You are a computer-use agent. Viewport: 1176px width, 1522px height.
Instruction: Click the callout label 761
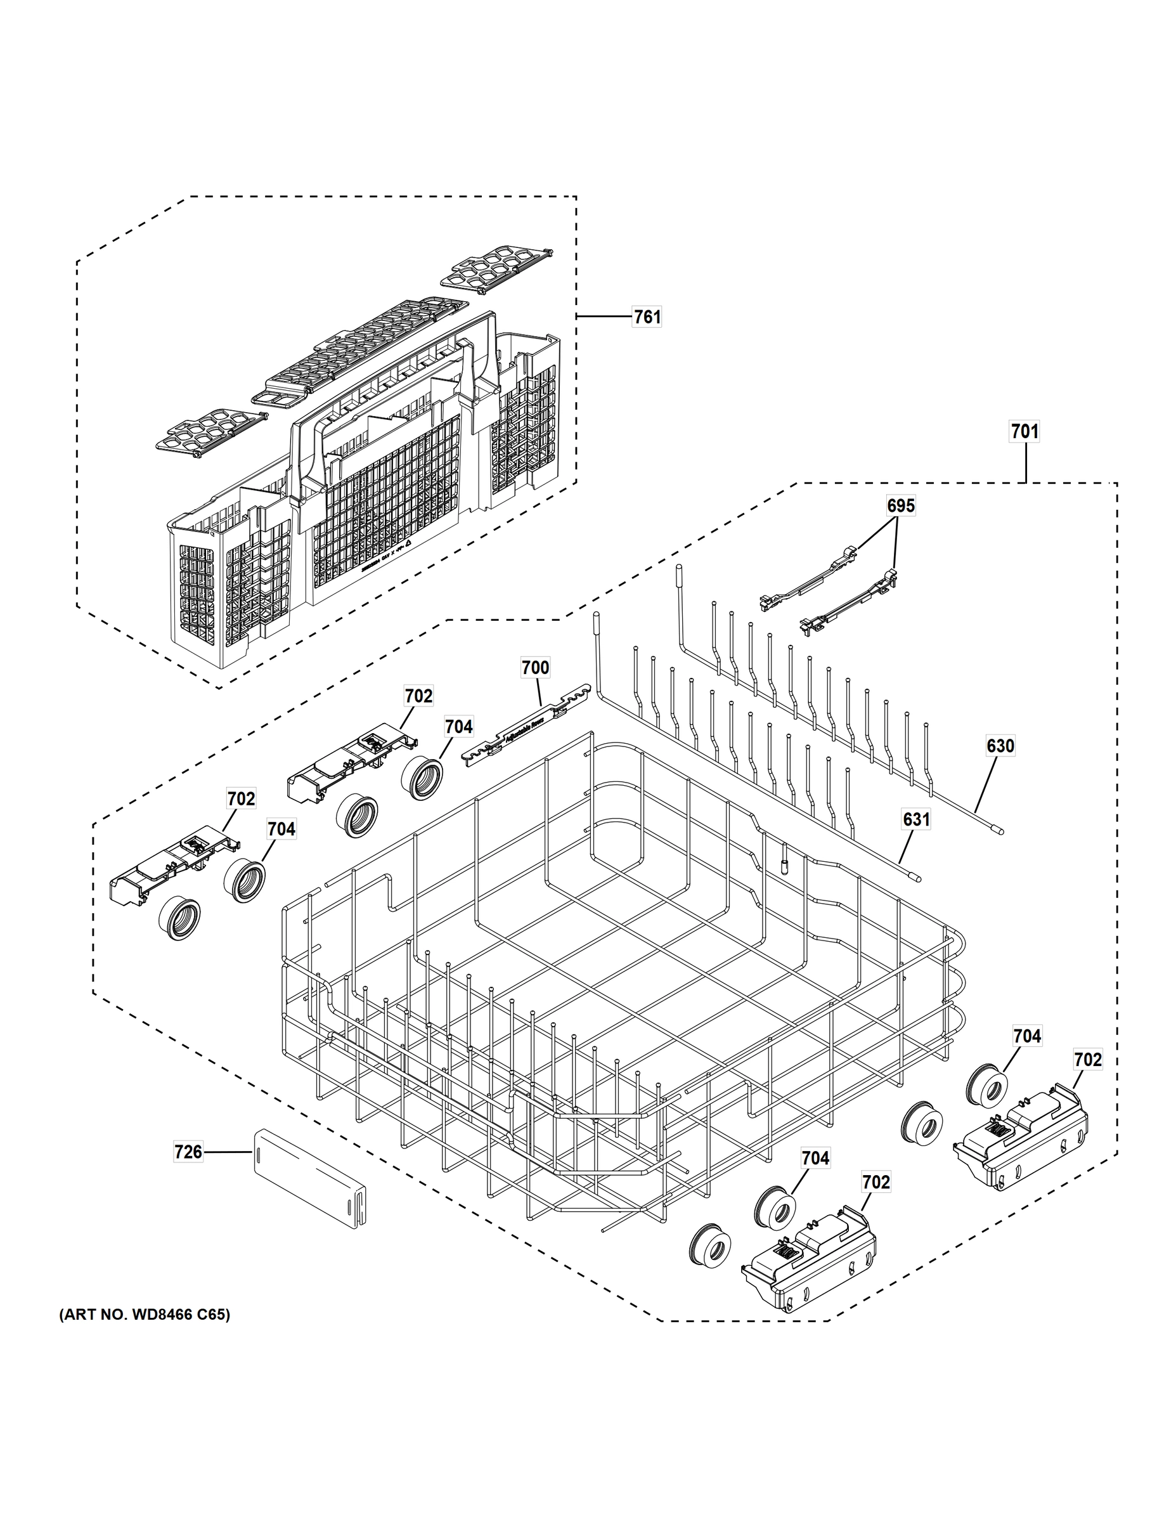coord(647,317)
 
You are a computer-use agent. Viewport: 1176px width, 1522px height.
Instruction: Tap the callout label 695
coord(900,505)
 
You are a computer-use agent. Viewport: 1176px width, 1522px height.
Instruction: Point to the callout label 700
coord(535,668)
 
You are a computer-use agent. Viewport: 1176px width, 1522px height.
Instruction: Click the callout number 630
coord(1000,746)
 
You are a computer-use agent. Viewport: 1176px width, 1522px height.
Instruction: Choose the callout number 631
coord(916,819)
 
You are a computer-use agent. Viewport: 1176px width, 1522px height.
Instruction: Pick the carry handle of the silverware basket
coord(390,411)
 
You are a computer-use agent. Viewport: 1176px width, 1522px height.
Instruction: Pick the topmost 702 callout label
coord(418,696)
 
